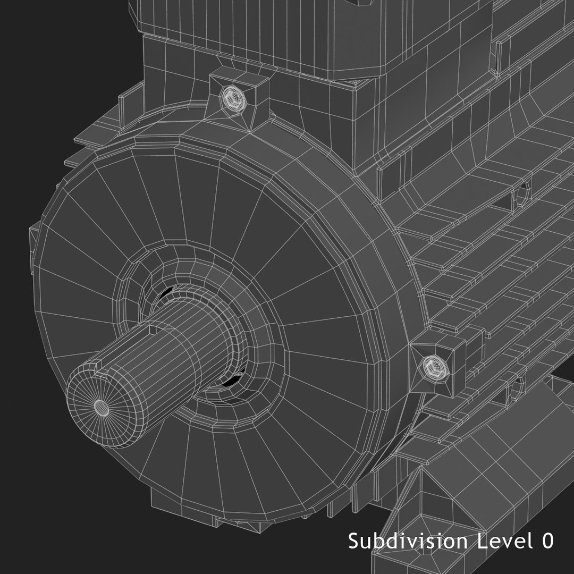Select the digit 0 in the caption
547,541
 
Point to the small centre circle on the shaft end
101,407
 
